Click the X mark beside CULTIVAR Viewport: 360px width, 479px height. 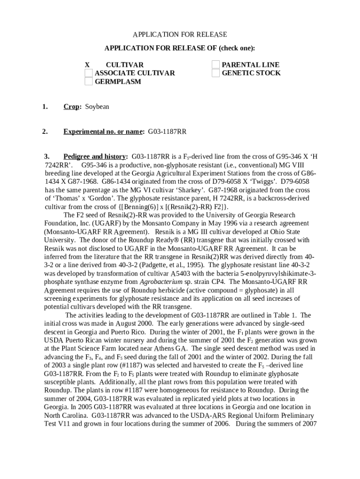pyautogui.click(x=87, y=65)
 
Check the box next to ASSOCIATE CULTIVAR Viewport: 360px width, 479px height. pyautogui.click(x=89, y=73)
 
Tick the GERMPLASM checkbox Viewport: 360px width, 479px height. pyautogui.click(x=89, y=82)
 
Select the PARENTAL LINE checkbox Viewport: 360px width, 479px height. pyautogui.click(x=216, y=65)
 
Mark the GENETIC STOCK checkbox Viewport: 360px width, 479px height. pyautogui.click(x=216, y=73)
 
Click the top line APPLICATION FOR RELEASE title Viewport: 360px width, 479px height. pyautogui.click(x=180, y=35)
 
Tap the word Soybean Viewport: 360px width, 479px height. pyautogui.click(x=97, y=107)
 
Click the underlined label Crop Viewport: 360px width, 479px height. pyautogui.click(x=71, y=107)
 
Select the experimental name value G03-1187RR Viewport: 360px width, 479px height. pyautogui.click(x=167, y=132)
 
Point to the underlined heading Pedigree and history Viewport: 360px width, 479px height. pyautogui.click(x=94, y=156)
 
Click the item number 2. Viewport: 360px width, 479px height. pyautogui.click(x=44, y=132)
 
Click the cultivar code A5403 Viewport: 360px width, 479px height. pyautogui.click(x=183, y=273)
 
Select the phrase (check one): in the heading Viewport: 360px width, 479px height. pyautogui.click(x=233, y=48)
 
